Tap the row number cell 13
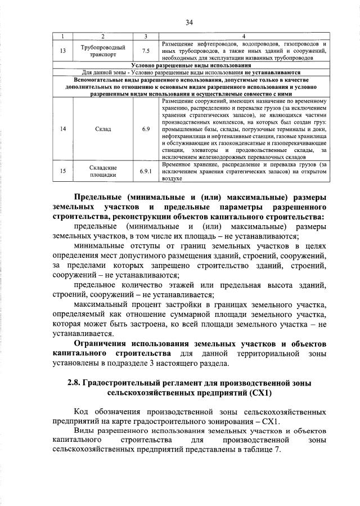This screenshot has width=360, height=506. tap(63, 51)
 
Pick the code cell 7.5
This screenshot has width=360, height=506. tap(145, 51)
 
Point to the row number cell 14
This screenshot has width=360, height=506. tap(63, 129)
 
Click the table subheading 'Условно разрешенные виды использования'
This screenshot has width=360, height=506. tap(189, 65)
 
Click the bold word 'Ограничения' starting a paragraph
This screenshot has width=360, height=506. tap(100, 343)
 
